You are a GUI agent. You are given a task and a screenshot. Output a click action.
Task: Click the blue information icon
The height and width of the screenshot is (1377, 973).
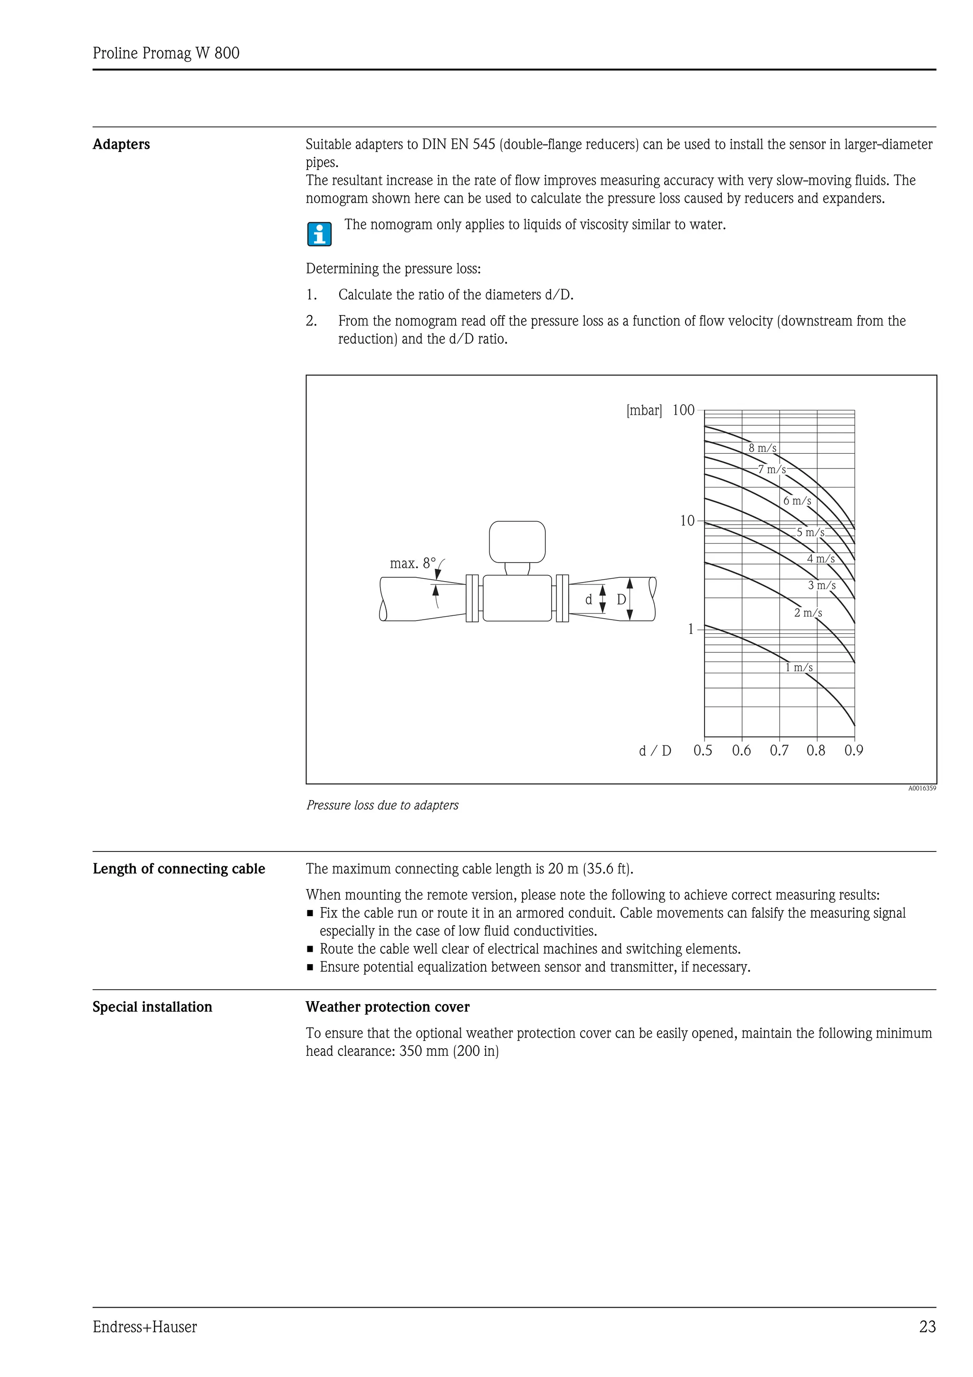(320, 234)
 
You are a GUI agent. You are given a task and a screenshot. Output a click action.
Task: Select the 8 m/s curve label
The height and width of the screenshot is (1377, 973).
(762, 448)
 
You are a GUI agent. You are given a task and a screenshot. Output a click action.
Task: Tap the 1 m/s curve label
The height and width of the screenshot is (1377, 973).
(799, 668)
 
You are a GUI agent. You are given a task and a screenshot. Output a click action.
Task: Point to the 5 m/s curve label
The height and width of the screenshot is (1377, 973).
(810, 532)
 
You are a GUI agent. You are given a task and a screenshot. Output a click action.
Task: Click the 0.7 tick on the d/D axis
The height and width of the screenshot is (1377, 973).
(779, 751)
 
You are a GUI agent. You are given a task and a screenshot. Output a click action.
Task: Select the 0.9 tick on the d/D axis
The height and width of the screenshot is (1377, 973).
(854, 751)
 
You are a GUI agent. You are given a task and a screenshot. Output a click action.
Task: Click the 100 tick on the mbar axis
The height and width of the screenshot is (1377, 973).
(684, 410)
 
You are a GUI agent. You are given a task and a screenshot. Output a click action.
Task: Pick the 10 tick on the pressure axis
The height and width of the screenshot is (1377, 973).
(687, 521)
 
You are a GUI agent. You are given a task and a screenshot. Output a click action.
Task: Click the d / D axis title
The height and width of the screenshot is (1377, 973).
(655, 751)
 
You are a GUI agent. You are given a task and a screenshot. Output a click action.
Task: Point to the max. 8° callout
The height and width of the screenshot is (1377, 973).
(412, 563)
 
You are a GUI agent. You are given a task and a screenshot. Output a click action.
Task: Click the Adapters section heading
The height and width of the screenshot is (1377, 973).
(121, 144)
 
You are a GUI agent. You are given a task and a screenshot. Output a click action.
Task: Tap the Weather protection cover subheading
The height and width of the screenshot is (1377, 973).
(387, 1007)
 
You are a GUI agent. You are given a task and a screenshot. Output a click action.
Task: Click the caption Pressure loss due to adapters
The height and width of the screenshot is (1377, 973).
(382, 805)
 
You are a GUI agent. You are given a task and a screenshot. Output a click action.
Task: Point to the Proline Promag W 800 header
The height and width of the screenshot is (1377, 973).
(166, 53)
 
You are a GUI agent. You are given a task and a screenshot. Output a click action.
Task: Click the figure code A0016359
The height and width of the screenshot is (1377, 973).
(921, 788)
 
